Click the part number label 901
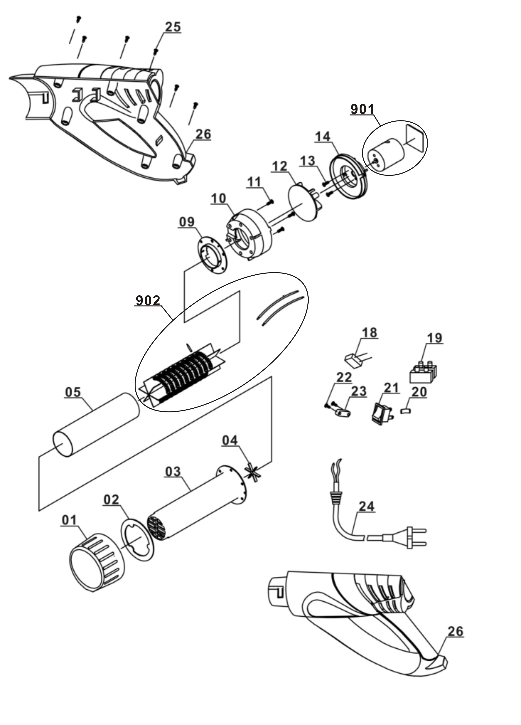[x=362, y=109]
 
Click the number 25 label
[x=173, y=27]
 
